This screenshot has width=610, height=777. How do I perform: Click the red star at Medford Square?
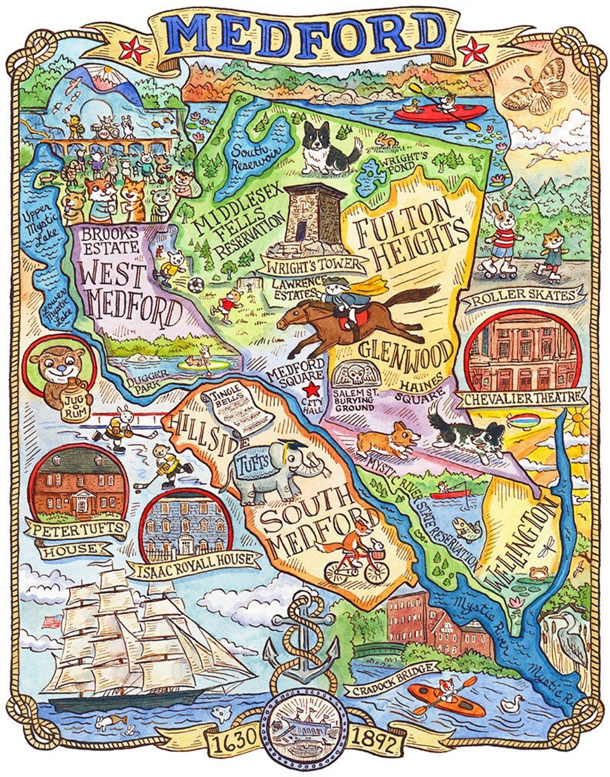(x=310, y=388)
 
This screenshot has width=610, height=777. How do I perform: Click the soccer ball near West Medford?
(x=195, y=284)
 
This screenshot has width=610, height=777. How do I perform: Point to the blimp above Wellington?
(x=524, y=421)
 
